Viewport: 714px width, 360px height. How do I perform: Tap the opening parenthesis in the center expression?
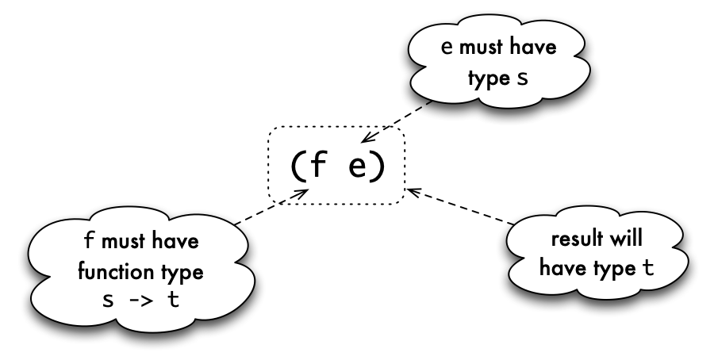(296, 167)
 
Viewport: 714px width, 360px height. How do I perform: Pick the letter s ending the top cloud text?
(522, 79)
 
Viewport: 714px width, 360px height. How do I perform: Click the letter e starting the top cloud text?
(447, 48)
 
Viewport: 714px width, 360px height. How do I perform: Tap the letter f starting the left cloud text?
(89, 240)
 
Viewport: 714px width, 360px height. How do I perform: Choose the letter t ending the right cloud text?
(648, 268)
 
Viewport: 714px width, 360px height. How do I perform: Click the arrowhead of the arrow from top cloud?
(366, 137)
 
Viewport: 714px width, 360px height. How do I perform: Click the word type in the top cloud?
(489, 79)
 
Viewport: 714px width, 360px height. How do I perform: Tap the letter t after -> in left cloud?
(174, 299)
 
